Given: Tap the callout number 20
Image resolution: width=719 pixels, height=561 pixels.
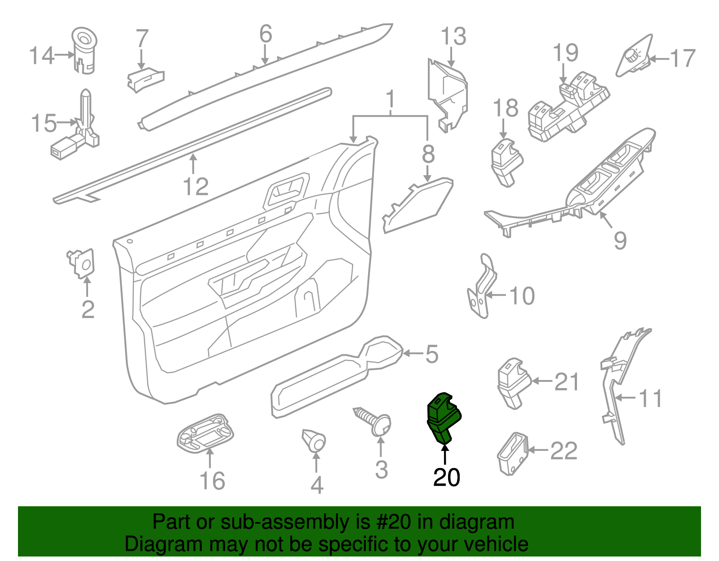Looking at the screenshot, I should click(x=446, y=477).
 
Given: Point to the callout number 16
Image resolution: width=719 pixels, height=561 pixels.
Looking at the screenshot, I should click(x=212, y=481).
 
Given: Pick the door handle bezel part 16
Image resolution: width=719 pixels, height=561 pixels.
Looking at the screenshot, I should click(x=206, y=433).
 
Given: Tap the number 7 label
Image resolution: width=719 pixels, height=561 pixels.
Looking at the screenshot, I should click(x=142, y=39).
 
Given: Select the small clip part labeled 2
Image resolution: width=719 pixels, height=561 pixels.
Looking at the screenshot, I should click(x=83, y=262).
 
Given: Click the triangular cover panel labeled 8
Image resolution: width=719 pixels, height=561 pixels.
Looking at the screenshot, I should click(x=418, y=204).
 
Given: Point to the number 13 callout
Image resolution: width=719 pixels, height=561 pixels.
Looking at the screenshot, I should click(x=453, y=37).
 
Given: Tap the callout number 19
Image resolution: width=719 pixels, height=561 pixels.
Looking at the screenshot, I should click(x=565, y=53).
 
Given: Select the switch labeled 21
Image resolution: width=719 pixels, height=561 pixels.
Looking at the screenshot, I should click(x=513, y=383).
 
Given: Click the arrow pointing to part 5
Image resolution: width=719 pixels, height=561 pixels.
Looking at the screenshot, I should click(x=413, y=353).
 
